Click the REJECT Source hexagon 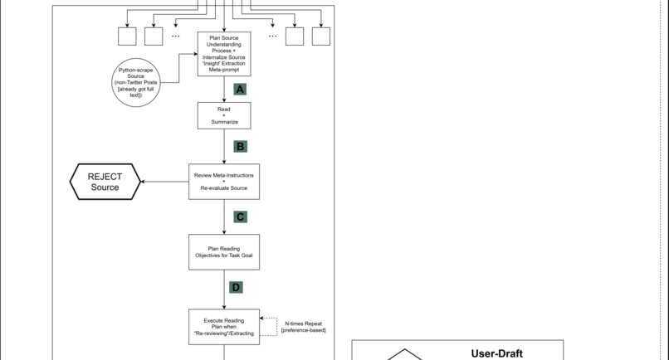click(x=105, y=181)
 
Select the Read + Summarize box click(x=224, y=116)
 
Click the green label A click(x=240, y=90)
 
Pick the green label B click(x=240, y=147)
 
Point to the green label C click(x=240, y=217)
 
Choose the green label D click(x=237, y=288)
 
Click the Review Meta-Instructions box click(x=224, y=182)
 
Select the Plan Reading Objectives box click(x=224, y=251)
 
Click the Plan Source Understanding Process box click(x=224, y=54)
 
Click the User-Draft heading click(x=496, y=353)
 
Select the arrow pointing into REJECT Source click(x=164, y=182)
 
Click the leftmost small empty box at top click(x=127, y=36)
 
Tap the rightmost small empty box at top click(x=320, y=36)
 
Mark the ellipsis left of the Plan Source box click(x=176, y=36)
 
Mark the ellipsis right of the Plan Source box click(x=272, y=36)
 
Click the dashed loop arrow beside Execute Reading click(x=270, y=325)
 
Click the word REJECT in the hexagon click(x=105, y=175)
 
